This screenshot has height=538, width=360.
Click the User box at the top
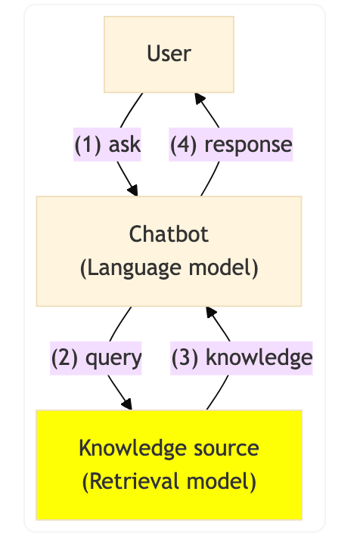pos(169,54)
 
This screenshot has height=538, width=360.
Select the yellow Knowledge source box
pos(169,465)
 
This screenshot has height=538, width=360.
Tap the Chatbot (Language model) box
pos(169,251)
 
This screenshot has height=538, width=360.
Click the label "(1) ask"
pos(107,144)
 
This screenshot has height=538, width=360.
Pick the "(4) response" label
pos(231,144)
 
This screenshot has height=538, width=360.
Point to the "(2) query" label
pos(96,357)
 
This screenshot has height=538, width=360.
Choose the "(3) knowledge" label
pos(241,357)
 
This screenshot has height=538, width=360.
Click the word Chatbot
pos(169,233)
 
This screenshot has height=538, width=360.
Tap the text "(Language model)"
pos(169,268)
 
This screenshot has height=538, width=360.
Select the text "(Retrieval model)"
pos(169,481)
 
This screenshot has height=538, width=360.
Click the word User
pos(169,54)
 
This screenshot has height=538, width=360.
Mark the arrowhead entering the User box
pos(198,98)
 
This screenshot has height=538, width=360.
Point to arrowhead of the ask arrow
pos(133,190)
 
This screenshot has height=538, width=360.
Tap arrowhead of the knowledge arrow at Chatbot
pos(208,312)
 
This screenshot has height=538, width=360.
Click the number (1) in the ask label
pos(88,144)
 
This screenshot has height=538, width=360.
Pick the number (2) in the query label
pos(64,357)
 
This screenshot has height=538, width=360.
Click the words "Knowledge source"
pos(169,448)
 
